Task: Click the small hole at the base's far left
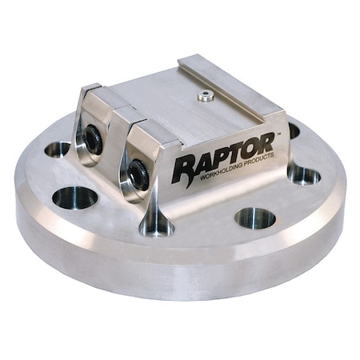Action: coord(58,149)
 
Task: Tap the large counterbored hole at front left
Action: coord(75,196)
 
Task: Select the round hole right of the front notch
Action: coord(254,216)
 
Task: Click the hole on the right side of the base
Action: coord(304,175)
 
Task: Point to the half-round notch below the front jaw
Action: coord(158,225)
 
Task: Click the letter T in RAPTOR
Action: coord(232,152)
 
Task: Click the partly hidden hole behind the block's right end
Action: coord(293,129)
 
